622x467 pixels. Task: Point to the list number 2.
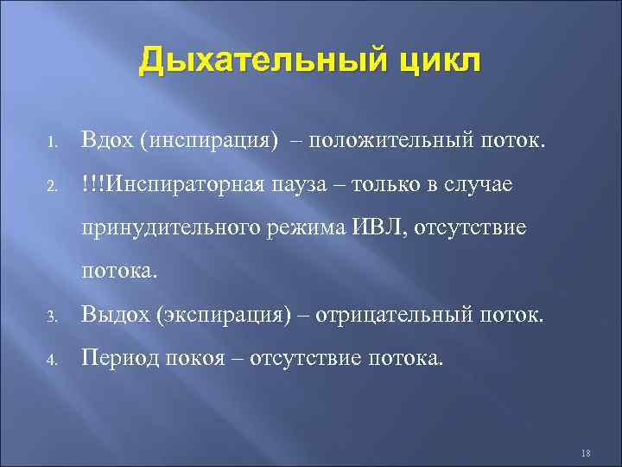[x=52, y=184]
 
